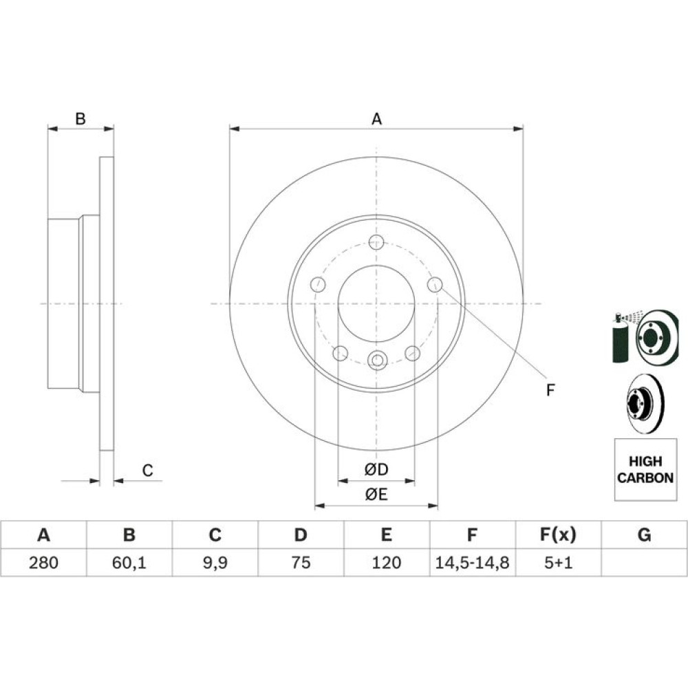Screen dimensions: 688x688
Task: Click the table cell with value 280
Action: [x=43, y=562]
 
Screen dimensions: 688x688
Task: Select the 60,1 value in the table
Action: [x=129, y=562]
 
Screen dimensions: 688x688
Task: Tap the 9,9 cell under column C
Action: [x=215, y=562]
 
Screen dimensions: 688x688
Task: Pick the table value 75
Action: [x=301, y=562]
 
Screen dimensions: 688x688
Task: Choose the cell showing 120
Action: [x=386, y=562]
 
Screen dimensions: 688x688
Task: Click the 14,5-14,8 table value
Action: [x=472, y=562]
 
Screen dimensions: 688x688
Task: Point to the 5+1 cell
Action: [x=558, y=562]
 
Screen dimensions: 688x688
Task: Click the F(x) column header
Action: [x=558, y=535]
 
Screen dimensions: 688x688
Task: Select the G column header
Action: [x=644, y=535]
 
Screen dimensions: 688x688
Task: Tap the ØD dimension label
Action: [x=376, y=469]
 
